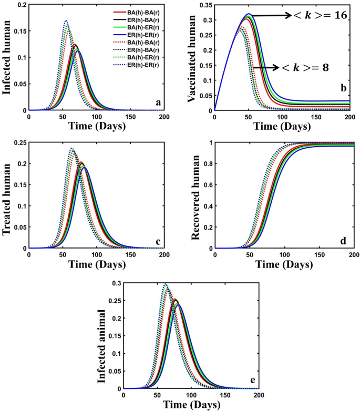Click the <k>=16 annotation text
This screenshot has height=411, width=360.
[321, 16]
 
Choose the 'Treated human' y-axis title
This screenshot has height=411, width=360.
[7, 195]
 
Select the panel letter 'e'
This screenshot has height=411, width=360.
[252, 382]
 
